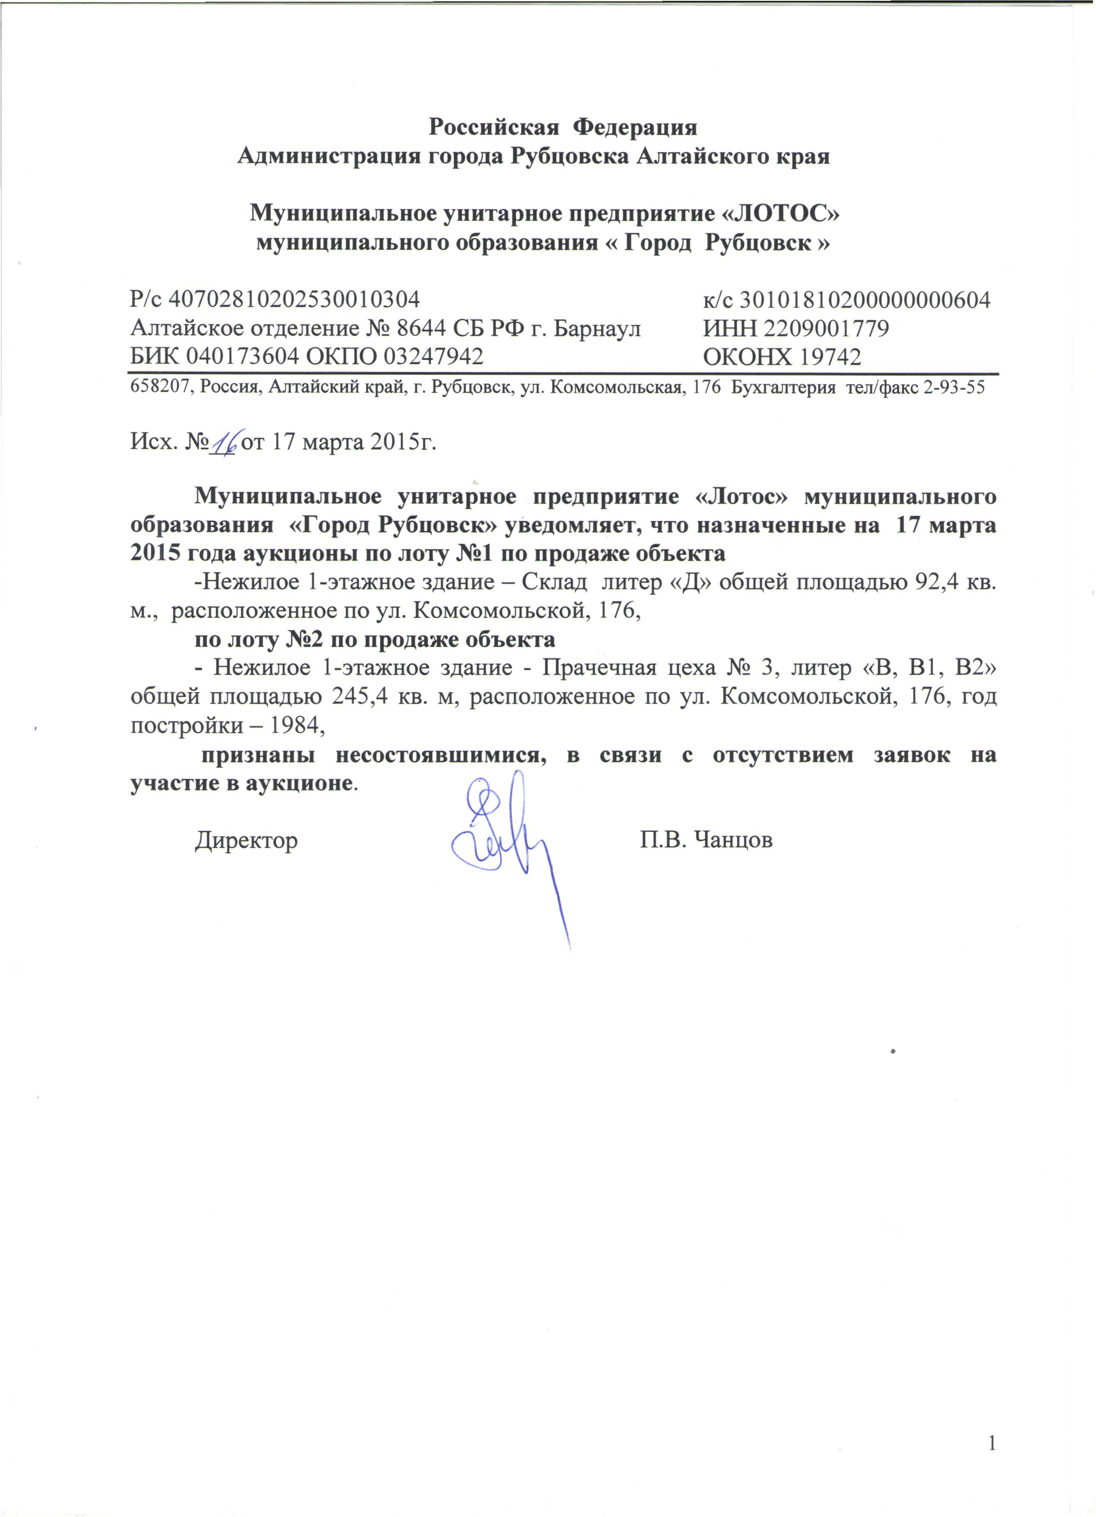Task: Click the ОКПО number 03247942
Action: [x=432, y=356]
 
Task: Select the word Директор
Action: [x=246, y=840]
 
